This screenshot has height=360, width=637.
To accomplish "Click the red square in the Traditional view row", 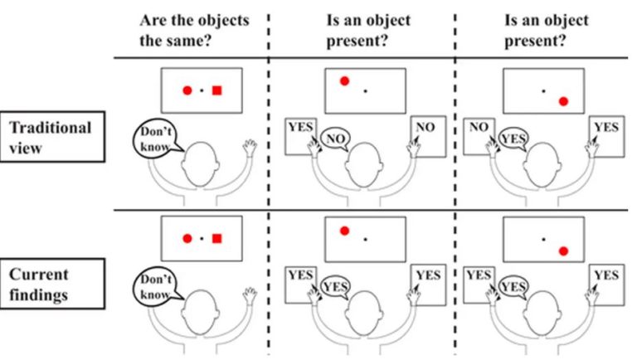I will click(216, 90).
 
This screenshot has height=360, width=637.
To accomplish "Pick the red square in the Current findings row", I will click(216, 239).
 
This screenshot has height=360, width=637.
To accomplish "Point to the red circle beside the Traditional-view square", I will click(187, 90).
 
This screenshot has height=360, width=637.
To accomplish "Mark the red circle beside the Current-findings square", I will click(187, 239).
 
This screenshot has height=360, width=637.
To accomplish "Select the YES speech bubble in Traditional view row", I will click(514, 139).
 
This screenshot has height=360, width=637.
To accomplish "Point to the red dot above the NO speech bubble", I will click(344, 80).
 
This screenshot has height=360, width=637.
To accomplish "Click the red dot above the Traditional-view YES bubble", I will click(563, 101).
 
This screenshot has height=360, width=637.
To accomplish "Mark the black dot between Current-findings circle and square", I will click(202, 239).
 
